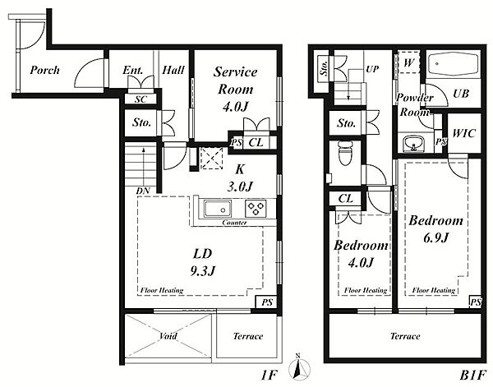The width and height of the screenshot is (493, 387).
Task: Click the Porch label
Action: click(x=44, y=70)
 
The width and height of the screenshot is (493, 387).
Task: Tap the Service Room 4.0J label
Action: click(x=236, y=90)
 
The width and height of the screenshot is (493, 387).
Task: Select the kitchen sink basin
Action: click(x=218, y=209)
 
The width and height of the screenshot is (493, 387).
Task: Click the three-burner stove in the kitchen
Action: click(x=256, y=209)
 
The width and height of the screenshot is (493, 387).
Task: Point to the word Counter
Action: click(x=234, y=223)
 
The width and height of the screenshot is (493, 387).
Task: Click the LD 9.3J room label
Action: click(x=203, y=262)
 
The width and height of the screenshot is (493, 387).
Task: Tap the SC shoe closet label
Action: click(x=141, y=99)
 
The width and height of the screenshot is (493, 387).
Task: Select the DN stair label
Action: click(x=143, y=191)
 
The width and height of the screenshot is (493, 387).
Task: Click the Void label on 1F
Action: click(x=168, y=336)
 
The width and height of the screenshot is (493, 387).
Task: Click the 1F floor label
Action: click(x=270, y=375)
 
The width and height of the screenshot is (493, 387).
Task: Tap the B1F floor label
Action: click(x=473, y=375)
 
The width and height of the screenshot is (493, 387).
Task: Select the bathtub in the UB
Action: click(x=453, y=64)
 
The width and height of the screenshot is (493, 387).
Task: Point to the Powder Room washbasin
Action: click(x=414, y=144)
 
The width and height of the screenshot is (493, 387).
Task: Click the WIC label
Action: click(x=463, y=133)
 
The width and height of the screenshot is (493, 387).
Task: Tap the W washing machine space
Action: click(x=408, y=62)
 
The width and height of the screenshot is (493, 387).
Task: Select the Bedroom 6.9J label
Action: click(x=435, y=229)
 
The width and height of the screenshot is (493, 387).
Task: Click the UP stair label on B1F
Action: click(x=372, y=68)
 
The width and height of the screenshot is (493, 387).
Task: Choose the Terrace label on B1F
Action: click(x=405, y=336)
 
